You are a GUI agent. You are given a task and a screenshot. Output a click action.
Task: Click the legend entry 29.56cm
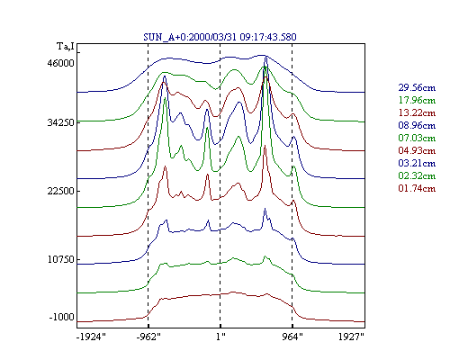417,87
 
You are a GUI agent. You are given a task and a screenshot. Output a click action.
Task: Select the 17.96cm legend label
417,100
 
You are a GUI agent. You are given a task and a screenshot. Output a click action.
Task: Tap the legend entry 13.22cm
417,112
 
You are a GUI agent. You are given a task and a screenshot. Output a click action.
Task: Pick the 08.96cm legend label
417,125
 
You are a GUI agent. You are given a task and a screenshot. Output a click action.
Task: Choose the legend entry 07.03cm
417,138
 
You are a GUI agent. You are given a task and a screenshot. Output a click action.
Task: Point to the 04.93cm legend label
417,150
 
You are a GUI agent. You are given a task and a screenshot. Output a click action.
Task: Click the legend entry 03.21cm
417,163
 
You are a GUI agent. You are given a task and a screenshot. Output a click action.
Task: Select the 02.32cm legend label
417,175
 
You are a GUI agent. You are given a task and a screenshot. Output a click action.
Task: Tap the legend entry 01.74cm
417,188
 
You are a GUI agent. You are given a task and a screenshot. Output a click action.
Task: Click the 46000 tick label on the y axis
60,64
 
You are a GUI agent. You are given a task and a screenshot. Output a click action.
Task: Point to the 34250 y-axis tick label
60,122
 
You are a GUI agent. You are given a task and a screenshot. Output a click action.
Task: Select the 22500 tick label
60,191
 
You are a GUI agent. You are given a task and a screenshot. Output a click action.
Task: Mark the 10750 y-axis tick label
60,259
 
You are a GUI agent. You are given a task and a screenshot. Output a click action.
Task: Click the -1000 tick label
61,317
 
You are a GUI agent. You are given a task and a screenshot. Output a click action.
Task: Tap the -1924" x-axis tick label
91,337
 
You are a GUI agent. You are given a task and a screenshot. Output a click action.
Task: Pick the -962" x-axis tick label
148,337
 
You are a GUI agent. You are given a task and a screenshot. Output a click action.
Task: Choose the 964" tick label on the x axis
292,337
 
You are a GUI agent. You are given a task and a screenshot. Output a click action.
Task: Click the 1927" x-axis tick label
351,337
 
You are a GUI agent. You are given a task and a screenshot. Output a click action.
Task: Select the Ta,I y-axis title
66,47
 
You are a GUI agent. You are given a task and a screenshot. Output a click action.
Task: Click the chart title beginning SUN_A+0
220,37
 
